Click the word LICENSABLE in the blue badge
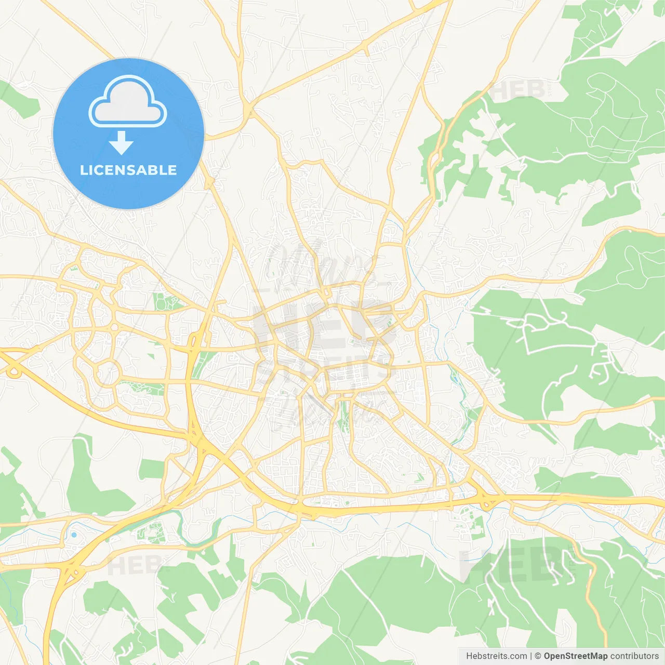[x=128, y=170]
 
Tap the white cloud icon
[x=128, y=102]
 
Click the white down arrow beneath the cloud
[x=122, y=142]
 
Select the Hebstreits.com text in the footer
[x=496, y=656]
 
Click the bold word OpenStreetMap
[x=575, y=656]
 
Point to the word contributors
[x=634, y=656]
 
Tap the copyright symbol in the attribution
[x=538, y=656]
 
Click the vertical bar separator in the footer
[x=531, y=656]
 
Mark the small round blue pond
[x=74, y=535]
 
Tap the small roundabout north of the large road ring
[x=113, y=327]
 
